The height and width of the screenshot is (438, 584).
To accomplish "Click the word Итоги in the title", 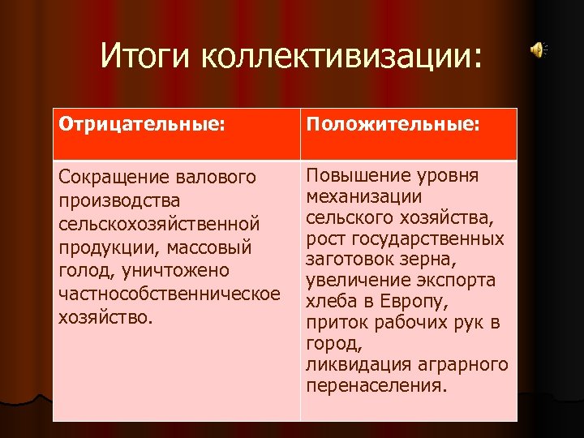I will pos(146,56).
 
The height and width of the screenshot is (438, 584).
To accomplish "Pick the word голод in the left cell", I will pos(79,270).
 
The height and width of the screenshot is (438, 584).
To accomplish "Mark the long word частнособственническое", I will pos(170,293).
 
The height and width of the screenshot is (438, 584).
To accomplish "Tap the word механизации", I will pos(363,197).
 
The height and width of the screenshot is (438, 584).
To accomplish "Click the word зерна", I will pos(432,260).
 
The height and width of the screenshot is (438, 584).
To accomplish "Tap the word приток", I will pos(333,324).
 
